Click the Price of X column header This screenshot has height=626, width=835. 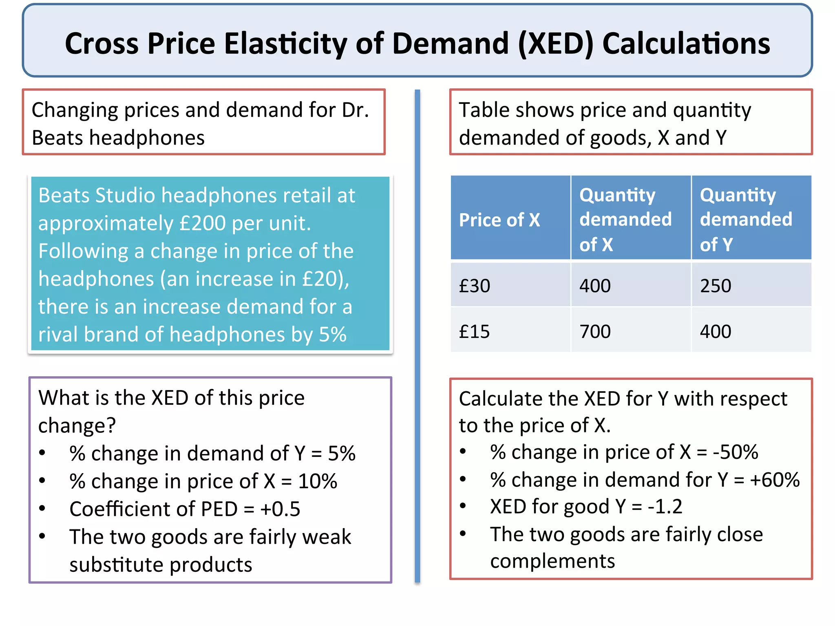coord(499,220)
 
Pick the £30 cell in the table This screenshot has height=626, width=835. coord(475,286)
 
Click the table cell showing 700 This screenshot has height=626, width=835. coord(595,332)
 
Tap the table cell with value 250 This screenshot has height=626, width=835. coord(716,286)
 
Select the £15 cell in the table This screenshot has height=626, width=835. coord(475,332)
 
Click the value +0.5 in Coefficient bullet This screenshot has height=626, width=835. coord(280,509)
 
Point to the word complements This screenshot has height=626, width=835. coord(552,562)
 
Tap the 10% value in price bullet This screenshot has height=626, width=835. coord(318,482)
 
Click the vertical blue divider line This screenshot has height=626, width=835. coord(417,334)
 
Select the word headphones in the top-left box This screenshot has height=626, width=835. coord(147,138)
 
